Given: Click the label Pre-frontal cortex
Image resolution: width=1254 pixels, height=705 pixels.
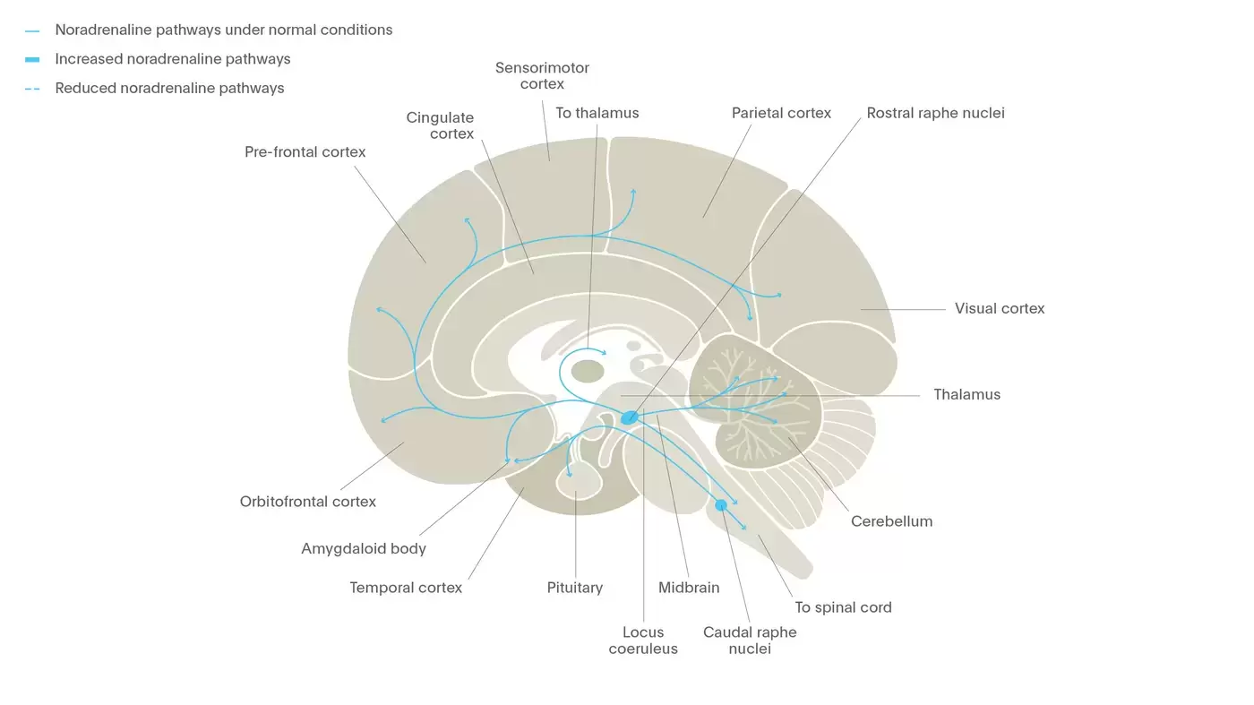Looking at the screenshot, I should pos(305,152).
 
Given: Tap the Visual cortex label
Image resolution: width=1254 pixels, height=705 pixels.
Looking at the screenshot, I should pos(999,309).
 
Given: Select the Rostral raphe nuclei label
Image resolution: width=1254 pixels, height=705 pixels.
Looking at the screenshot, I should pos(935,114).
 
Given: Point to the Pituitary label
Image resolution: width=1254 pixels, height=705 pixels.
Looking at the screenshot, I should pos(574,589).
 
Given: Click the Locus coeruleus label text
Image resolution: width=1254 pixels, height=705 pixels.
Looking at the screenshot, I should pos(643,641).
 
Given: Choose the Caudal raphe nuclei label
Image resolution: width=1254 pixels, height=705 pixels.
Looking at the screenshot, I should pos(750,641).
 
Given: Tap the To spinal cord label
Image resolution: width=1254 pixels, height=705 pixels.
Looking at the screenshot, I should pos(843,607).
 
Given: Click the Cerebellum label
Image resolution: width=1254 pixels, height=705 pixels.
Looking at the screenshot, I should pos(891,521).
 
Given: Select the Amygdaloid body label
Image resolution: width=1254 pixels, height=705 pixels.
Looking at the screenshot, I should pos(364,549).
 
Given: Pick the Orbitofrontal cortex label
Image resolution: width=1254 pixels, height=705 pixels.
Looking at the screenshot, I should pos(308,502).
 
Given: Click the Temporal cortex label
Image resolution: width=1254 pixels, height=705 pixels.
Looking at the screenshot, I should pos(406,589).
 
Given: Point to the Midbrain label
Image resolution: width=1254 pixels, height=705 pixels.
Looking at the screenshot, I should pos(689,589).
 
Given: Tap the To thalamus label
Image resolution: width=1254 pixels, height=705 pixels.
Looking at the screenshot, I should pos(597,114).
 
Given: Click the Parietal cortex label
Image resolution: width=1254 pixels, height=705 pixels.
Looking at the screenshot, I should pos(781,114).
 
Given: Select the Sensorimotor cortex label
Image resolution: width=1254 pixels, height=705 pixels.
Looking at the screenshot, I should pos(542,76).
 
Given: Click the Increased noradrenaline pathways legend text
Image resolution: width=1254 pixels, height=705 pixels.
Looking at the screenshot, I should pos(173,59).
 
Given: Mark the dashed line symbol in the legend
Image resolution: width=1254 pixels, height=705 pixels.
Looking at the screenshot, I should pos(32,89).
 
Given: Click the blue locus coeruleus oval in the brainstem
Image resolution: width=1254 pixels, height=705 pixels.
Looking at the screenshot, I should pos(630,417).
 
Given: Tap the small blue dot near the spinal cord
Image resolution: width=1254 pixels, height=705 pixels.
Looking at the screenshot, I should pos(721,505).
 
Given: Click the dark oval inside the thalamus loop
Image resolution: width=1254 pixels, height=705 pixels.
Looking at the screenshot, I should pos(588,371).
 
